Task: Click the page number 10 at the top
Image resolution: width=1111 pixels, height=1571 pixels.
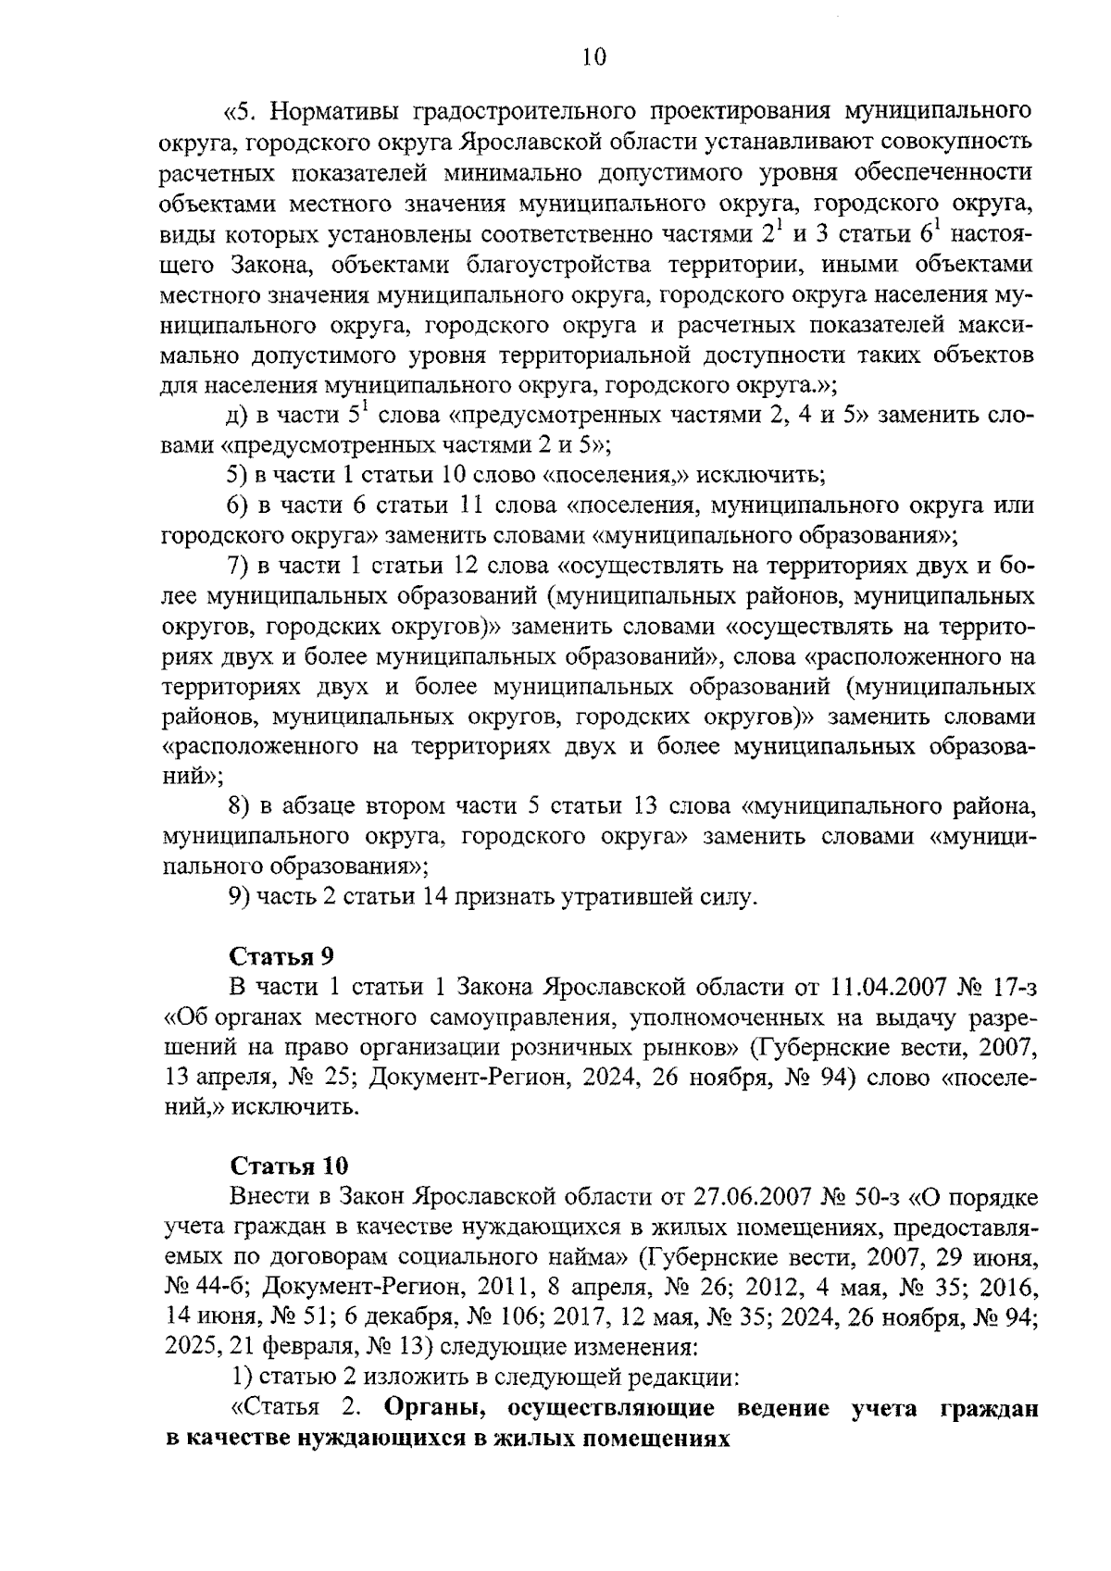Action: click(593, 58)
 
